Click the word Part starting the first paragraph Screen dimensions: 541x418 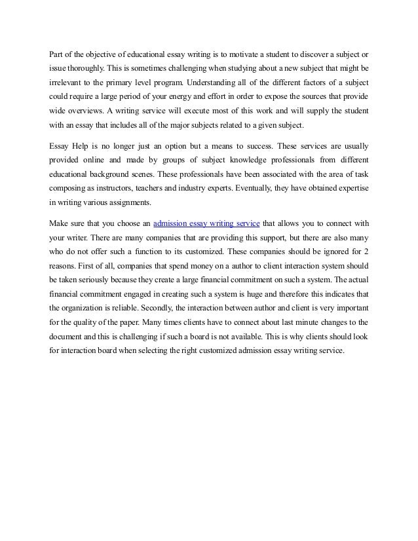[57, 53]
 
